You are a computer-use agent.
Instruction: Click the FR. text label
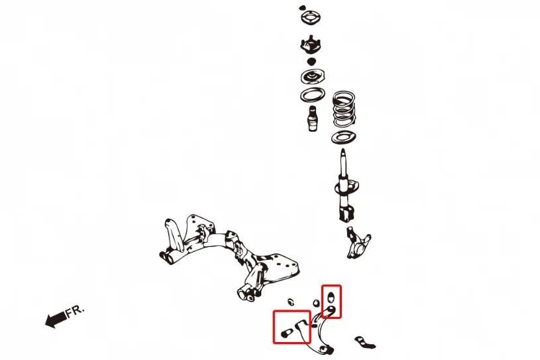click(x=75, y=311)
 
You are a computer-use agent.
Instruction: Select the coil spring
click(x=344, y=109)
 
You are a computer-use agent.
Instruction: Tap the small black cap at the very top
click(x=302, y=7)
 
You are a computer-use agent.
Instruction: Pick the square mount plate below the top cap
click(x=311, y=18)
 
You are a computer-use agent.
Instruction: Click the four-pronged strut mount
click(x=311, y=45)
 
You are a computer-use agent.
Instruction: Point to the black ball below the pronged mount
click(x=311, y=62)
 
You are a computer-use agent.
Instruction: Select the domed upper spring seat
click(x=312, y=77)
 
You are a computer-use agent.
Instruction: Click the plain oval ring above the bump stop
click(x=312, y=95)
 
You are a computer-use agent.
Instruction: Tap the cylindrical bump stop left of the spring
click(x=312, y=119)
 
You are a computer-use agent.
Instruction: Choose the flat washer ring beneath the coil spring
click(x=344, y=137)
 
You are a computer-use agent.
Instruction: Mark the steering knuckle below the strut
click(x=358, y=243)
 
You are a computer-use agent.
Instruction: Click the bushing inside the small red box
click(x=331, y=296)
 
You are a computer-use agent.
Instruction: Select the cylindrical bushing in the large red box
click(x=286, y=333)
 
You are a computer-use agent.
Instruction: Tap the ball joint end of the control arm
click(x=327, y=350)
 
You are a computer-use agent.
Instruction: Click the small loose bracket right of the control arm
click(x=364, y=343)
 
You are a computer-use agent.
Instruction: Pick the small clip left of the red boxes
click(x=291, y=302)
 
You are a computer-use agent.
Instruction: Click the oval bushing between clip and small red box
click(x=316, y=304)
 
